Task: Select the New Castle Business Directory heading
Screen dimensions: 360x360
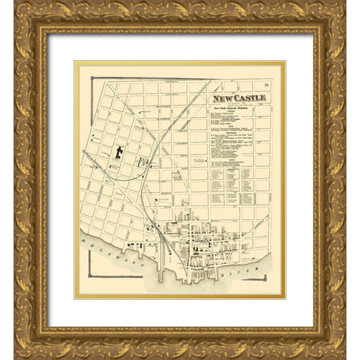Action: tap(239, 108)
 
